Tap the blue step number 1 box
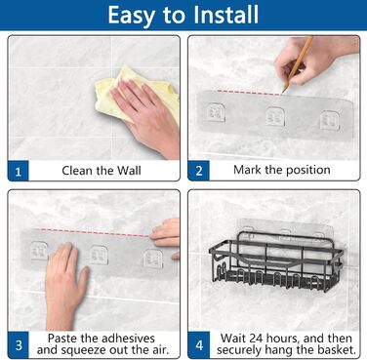(x=19, y=171)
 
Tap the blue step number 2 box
(x=198, y=171)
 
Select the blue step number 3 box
(x=19, y=344)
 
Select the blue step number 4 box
(x=198, y=344)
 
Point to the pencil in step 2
(x=298, y=63)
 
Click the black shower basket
(x=276, y=260)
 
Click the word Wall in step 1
(x=129, y=171)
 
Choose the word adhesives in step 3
(x=129, y=339)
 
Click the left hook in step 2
(x=214, y=112)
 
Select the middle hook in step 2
(x=275, y=116)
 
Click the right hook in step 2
(x=329, y=120)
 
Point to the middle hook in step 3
(x=99, y=255)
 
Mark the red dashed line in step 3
(x=95, y=232)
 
